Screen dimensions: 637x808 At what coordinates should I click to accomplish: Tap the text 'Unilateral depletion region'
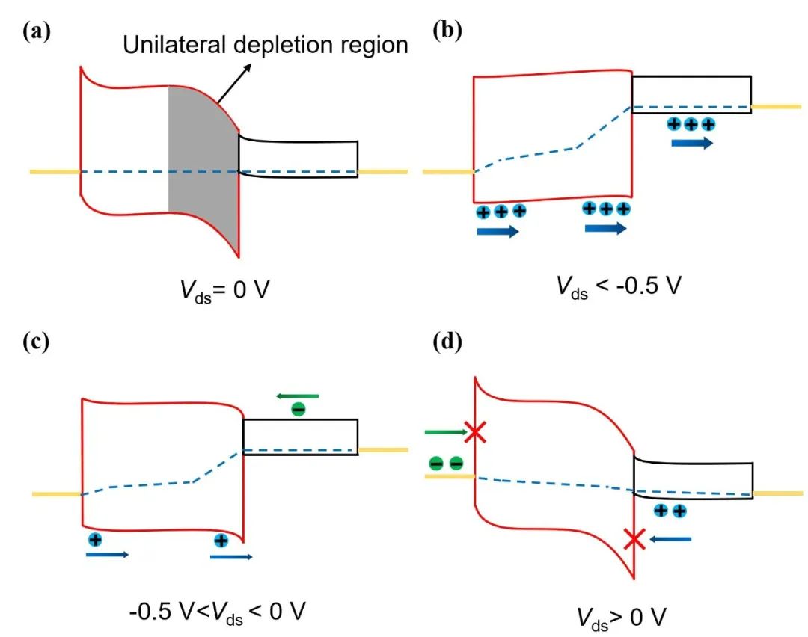(x=266, y=45)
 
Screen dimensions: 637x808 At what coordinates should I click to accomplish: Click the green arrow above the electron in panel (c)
(x=298, y=396)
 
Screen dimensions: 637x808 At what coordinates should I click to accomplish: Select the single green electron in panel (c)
(x=298, y=410)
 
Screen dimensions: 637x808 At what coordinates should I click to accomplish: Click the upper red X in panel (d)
(x=474, y=431)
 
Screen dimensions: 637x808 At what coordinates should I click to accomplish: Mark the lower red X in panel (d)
(x=634, y=538)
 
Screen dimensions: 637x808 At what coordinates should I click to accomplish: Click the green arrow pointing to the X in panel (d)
(x=444, y=431)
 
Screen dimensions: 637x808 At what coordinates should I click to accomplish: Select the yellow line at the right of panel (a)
(x=382, y=172)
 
